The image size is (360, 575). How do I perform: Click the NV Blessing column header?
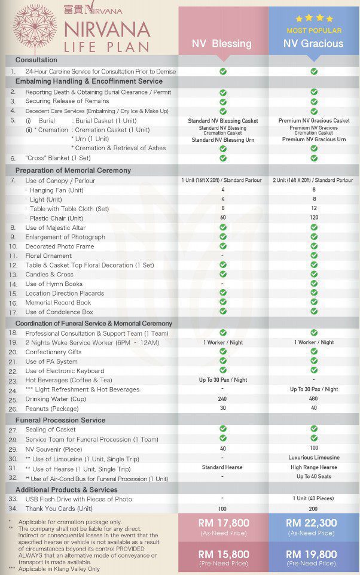tap(222, 43)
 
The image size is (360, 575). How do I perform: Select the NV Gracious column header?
tap(313, 43)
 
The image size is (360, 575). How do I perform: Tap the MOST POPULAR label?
tap(314, 30)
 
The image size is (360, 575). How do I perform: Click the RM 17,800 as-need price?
tap(222, 523)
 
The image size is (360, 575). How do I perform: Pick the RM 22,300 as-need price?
tap(314, 523)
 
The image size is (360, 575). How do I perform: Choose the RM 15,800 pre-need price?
tap(222, 555)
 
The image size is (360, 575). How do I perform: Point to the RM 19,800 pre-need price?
tap(314, 555)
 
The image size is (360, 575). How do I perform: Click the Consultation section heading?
tap(36, 60)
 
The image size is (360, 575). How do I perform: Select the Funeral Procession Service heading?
tap(60, 420)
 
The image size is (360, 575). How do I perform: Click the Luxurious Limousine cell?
tap(314, 458)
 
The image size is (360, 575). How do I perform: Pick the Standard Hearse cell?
tap(222, 467)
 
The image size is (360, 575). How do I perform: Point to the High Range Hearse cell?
tap(314, 467)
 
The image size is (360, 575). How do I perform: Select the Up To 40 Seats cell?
tap(314, 477)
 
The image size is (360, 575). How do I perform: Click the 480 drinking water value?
tap(314, 399)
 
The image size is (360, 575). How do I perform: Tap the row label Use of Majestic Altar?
tap(55, 228)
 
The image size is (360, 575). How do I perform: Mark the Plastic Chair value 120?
tap(314, 218)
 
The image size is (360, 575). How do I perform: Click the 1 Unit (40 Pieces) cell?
tap(314, 499)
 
